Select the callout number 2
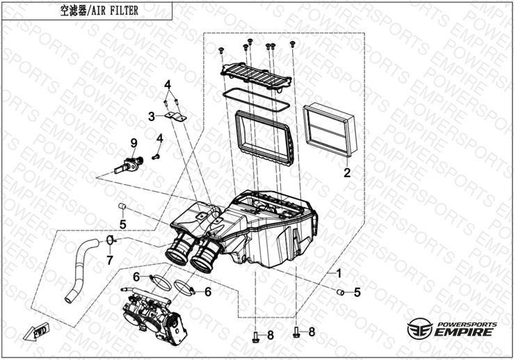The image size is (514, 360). pyautogui.click(x=346, y=170)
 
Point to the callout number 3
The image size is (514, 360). pyautogui.click(x=151, y=116)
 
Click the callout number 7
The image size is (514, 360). pyautogui.click(x=109, y=261)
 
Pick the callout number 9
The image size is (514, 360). pyautogui.click(x=134, y=143)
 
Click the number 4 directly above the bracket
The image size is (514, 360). pyautogui.click(x=167, y=85)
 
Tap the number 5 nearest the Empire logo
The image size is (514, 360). pyautogui.click(x=357, y=293)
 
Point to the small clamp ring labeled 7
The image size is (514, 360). pyautogui.click(x=111, y=241)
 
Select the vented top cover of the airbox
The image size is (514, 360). pyautogui.click(x=255, y=72)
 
